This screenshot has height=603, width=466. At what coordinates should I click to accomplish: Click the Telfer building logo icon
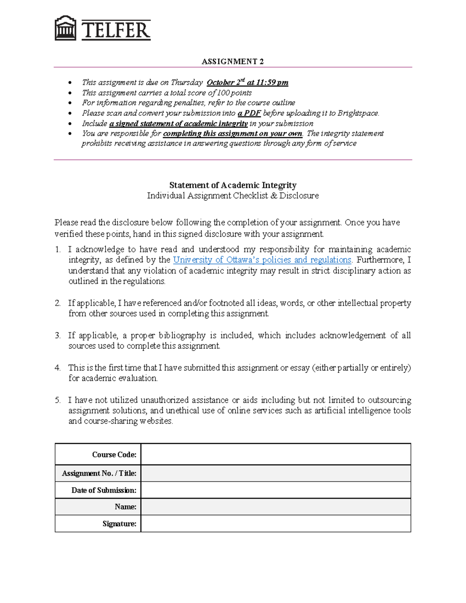click(x=65, y=28)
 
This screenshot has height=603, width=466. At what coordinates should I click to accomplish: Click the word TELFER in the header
click(x=116, y=30)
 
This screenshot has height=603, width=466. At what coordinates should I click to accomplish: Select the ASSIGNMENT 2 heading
click(x=233, y=61)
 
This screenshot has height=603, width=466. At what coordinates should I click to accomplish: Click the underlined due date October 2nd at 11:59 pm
click(x=247, y=82)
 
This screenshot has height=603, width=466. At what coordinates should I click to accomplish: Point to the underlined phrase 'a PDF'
click(x=249, y=113)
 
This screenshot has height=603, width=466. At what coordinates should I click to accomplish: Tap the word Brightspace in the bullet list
click(x=358, y=113)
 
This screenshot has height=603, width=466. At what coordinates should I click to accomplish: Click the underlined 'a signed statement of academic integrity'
click(x=178, y=123)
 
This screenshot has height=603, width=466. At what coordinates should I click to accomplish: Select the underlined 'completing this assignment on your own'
click(x=232, y=134)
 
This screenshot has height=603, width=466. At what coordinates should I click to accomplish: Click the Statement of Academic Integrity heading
click(x=233, y=185)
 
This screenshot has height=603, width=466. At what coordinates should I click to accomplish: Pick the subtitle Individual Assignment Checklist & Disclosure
click(x=233, y=196)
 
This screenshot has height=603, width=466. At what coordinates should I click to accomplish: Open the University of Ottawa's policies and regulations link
click(x=262, y=260)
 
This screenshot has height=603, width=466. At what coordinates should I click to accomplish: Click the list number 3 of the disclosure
click(x=57, y=335)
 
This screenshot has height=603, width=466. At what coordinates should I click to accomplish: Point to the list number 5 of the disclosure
click(x=57, y=400)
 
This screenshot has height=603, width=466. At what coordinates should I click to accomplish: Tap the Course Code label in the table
click(x=114, y=454)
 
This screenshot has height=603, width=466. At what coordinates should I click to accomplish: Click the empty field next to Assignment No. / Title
click(x=275, y=473)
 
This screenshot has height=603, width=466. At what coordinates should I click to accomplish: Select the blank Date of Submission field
click(x=275, y=490)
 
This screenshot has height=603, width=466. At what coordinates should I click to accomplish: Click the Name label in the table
click(x=125, y=507)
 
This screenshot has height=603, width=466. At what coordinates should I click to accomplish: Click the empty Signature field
click(x=275, y=523)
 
